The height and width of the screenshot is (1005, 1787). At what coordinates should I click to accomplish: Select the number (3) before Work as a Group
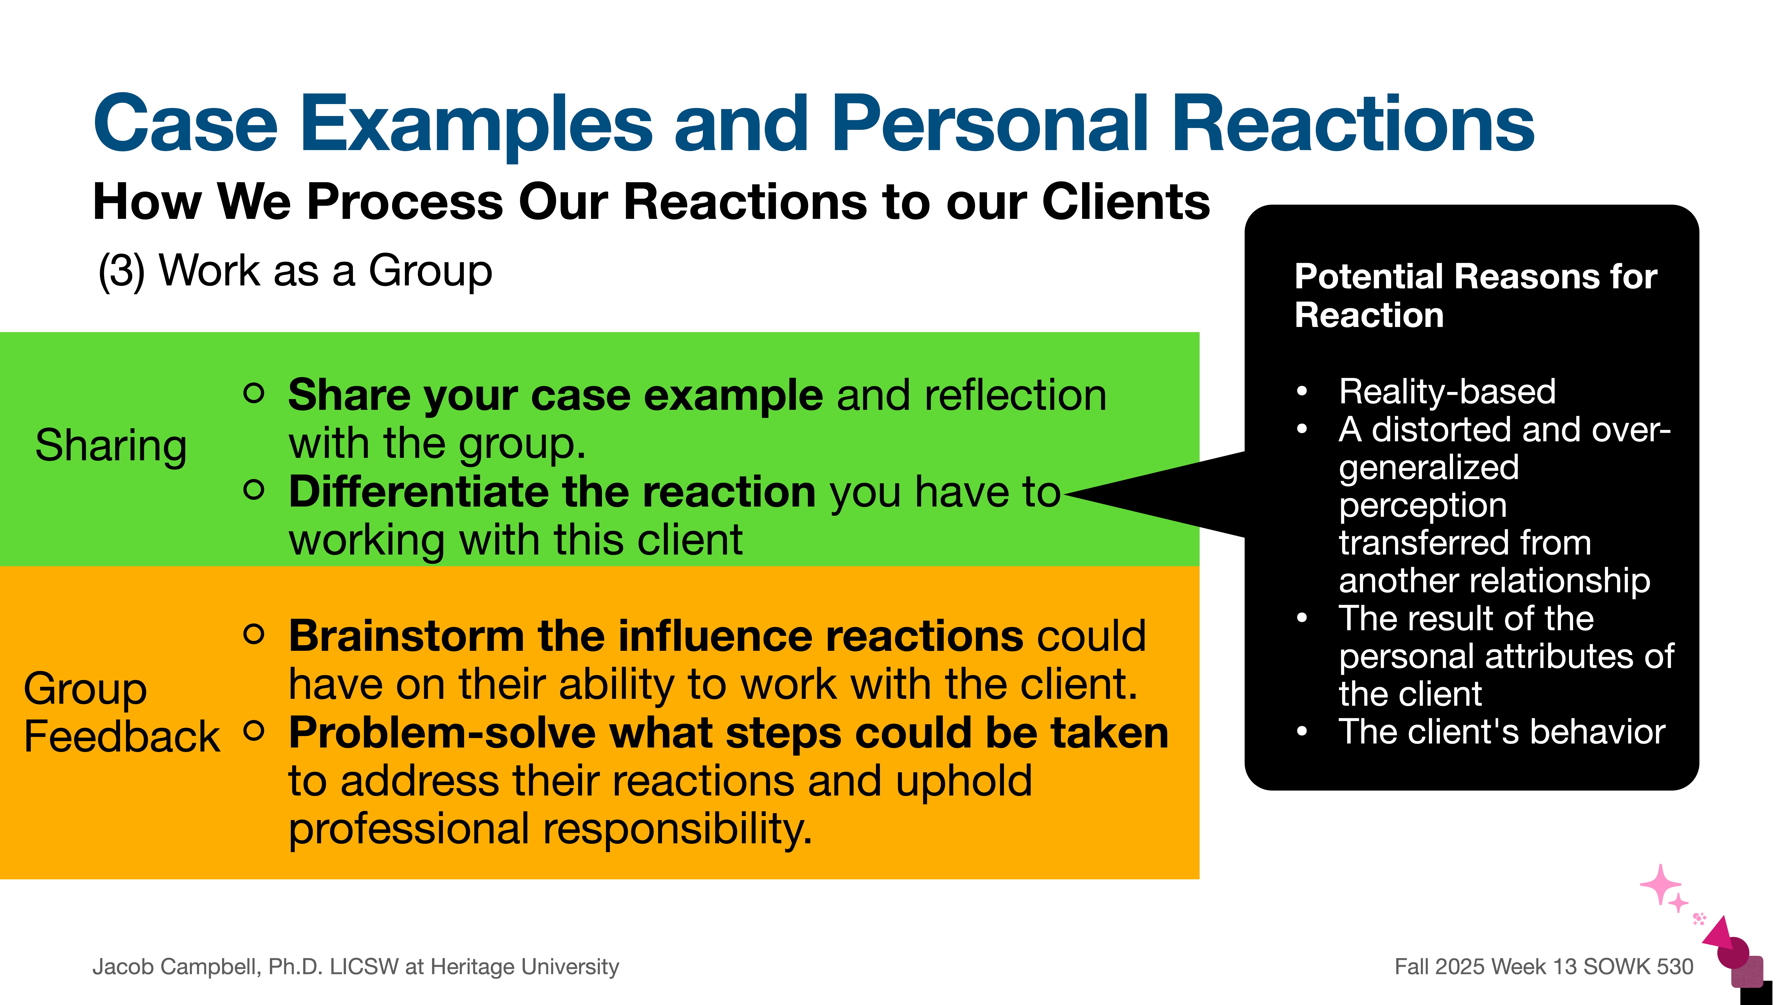(x=122, y=270)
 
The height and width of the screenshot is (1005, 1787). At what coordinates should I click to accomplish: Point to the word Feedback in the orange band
(x=122, y=737)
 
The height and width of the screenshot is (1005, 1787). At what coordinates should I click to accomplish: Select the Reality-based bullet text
(x=1447, y=392)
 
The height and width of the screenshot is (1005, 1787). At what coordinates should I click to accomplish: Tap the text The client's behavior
(x=1502, y=733)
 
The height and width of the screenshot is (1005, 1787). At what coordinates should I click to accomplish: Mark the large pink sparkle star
(x=1660, y=884)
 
